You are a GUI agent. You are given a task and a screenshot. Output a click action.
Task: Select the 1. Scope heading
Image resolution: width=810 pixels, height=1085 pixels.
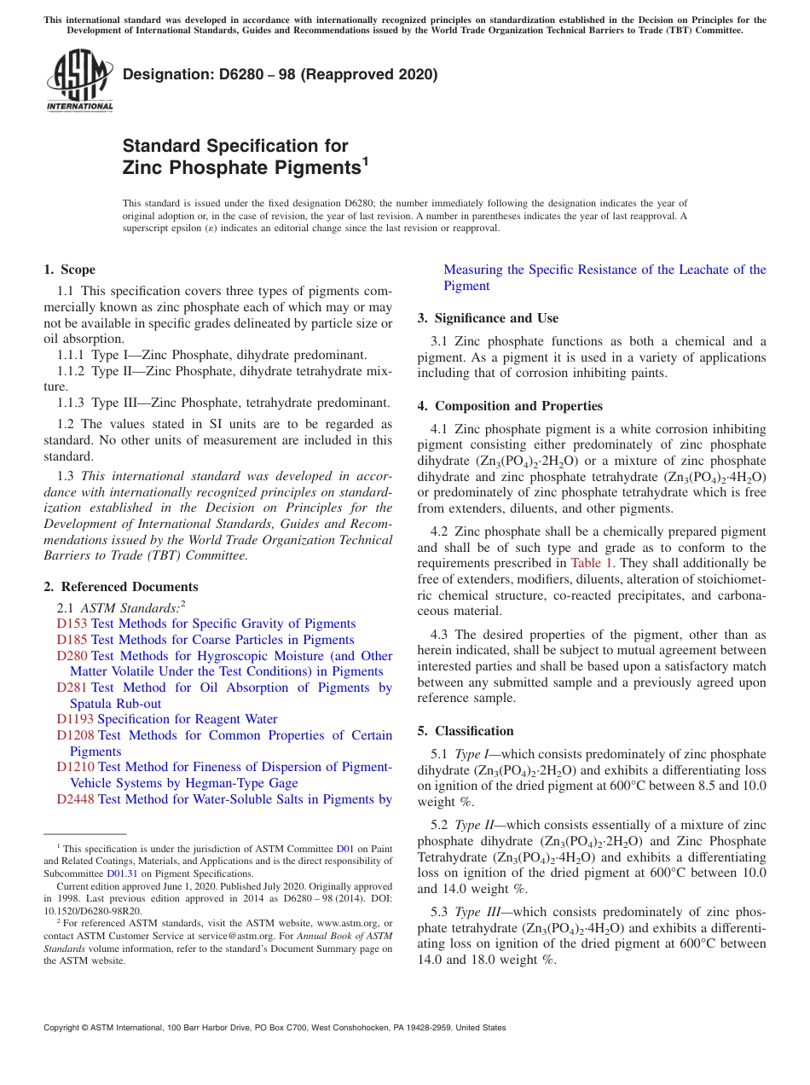69,270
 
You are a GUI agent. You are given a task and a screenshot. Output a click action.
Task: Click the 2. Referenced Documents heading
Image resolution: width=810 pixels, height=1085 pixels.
120,587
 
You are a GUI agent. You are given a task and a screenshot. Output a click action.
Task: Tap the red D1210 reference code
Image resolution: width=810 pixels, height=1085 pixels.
75,767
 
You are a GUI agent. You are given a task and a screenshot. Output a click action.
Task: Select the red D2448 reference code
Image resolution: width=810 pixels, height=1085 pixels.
75,799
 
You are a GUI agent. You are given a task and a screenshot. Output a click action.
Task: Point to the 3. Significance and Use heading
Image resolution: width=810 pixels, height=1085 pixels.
488,318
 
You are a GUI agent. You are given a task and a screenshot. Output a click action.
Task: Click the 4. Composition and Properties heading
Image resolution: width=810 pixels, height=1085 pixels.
510,406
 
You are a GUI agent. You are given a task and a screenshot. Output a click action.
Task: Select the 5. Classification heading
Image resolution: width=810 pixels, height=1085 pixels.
466,731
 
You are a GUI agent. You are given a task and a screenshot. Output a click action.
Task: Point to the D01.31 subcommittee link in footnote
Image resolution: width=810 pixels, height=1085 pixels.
122,873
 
